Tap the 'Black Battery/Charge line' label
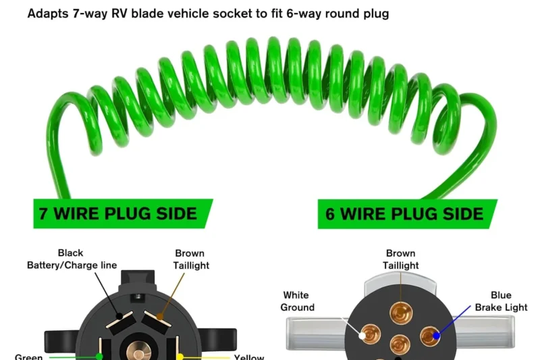coord(71,259)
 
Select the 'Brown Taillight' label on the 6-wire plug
coord(401,259)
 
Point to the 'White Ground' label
coord(298,301)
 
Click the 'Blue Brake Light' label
coord(502,301)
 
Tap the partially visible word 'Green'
coord(29,356)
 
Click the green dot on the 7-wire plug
coord(99,355)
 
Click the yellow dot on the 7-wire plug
coord(180,355)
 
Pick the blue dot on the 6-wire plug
coord(436,334)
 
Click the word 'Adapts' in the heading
coord(49,14)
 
